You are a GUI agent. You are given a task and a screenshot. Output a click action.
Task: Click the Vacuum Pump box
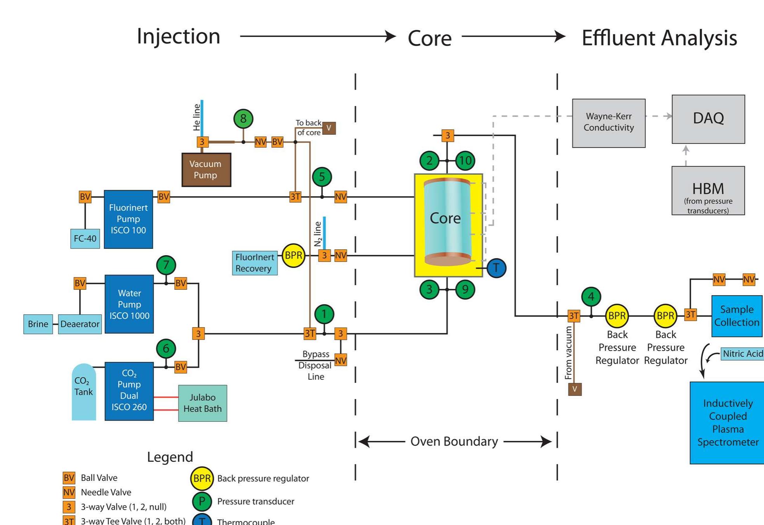[206, 170]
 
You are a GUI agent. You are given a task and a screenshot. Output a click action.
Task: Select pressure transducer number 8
[243, 118]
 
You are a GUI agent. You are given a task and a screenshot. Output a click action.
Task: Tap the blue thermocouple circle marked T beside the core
[496, 268]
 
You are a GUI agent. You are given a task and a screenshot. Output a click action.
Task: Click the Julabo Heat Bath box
[202, 403]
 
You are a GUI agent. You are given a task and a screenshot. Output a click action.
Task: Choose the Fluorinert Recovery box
[255, 263]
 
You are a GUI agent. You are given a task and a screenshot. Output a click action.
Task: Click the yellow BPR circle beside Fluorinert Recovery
[293, 255]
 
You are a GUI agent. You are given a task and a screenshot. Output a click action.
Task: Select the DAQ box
[708, 119]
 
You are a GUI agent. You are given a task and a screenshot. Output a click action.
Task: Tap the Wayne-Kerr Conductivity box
[608, 123]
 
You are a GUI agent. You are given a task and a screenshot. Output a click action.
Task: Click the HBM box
[708, 191]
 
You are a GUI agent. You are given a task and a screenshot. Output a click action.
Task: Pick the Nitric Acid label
[742, 354]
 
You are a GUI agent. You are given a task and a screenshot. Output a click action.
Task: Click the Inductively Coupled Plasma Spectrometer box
[727, 423]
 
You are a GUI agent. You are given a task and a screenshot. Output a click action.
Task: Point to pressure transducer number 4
[591, 297]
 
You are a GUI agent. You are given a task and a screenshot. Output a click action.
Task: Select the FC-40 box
[85, 238]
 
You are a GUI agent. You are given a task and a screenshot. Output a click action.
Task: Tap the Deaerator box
[80, 324]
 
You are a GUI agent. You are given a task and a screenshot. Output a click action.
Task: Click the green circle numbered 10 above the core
[465, 160]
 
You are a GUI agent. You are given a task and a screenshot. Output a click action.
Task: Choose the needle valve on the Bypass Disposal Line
[341, 360]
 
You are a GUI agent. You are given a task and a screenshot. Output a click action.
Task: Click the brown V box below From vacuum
[574, 389]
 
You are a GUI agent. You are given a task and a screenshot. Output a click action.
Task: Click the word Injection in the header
[178, 36]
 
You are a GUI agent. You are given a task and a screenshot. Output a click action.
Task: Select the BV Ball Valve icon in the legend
[69, 478]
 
